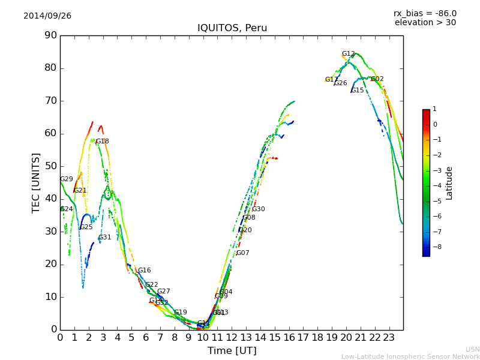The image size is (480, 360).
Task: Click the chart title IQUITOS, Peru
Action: (x=232, y=28)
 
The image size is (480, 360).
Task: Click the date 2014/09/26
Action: (x=47, y=16)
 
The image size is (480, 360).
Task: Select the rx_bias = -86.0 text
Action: (x=425, y=13)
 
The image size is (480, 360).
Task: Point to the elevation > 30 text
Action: (x=425, y=23)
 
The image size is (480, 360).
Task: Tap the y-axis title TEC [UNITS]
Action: (x=36, y=182)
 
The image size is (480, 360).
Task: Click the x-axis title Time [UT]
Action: (x=232, y=351)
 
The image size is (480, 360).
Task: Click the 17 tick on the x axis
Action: (x=303, y=337)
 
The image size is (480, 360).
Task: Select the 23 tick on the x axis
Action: (x=389, y=337)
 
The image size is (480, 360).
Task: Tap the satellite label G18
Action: (x=103, y=142)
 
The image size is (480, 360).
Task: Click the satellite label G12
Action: (x=349, y=54)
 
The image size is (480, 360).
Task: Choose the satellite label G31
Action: (x=105, y=238)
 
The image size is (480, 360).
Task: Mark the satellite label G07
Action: (x=243, y=253)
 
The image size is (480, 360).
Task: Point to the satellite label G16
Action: (x=145, y=271)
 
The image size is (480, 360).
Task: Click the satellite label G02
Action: (x=377, y=79)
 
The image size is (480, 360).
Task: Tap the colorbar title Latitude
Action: (x=449, y=183)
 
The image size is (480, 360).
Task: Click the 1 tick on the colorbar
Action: (x=434, y=109)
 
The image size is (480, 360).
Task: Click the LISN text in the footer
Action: (x=473, y=349)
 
